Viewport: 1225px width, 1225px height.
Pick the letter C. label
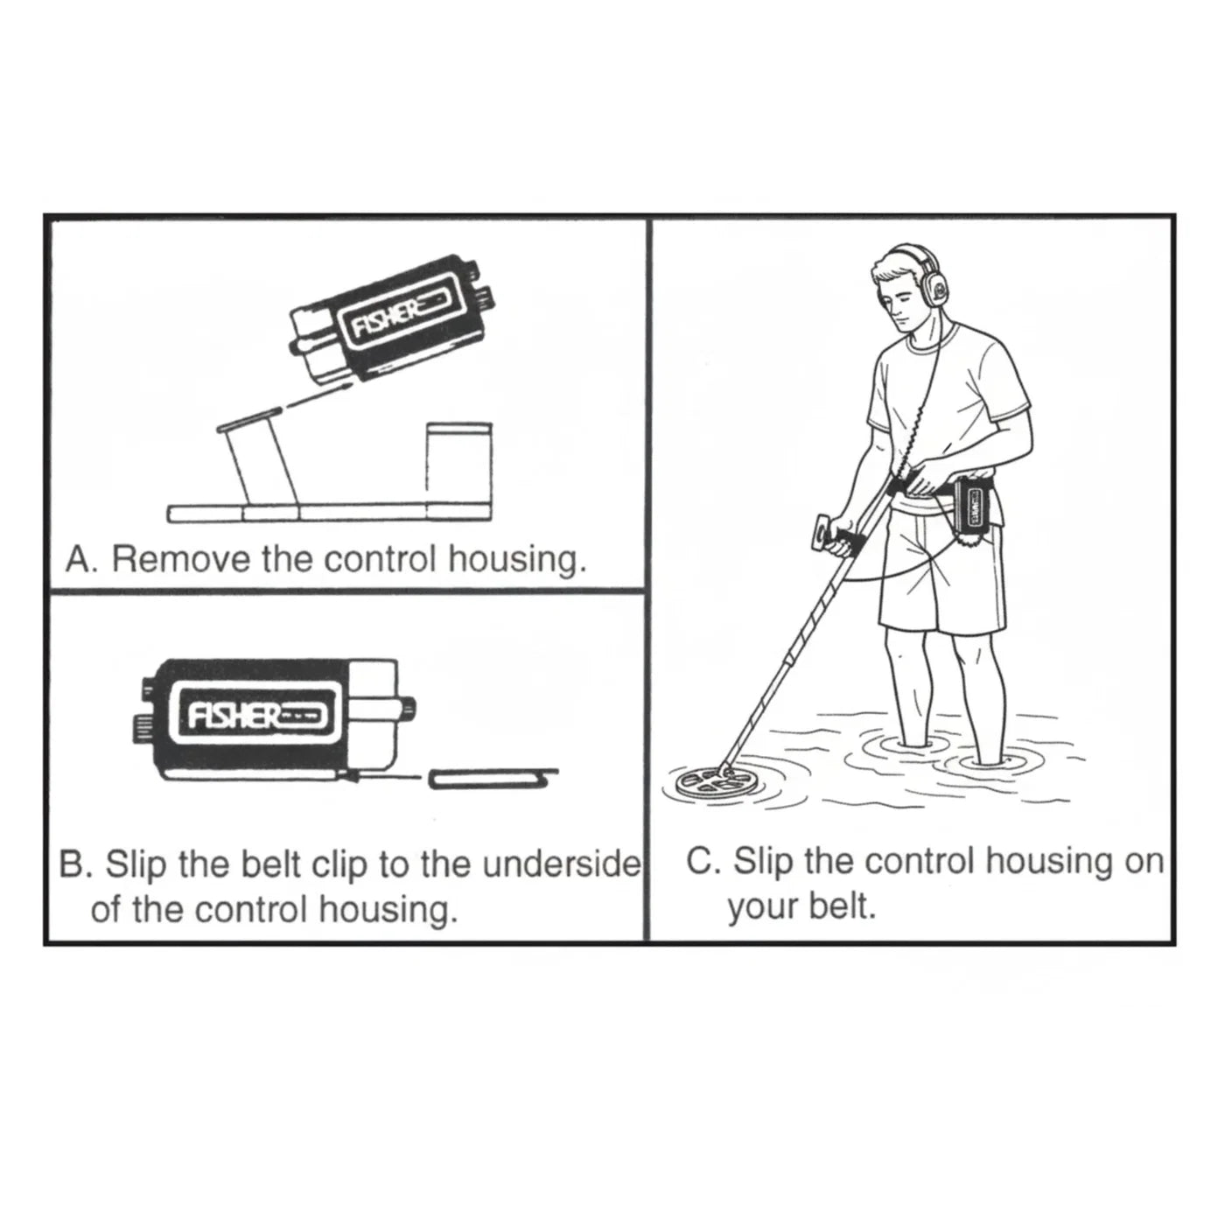point(703,862)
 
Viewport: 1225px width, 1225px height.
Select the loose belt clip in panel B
point(493,779)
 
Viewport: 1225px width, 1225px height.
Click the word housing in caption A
point(517,561)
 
